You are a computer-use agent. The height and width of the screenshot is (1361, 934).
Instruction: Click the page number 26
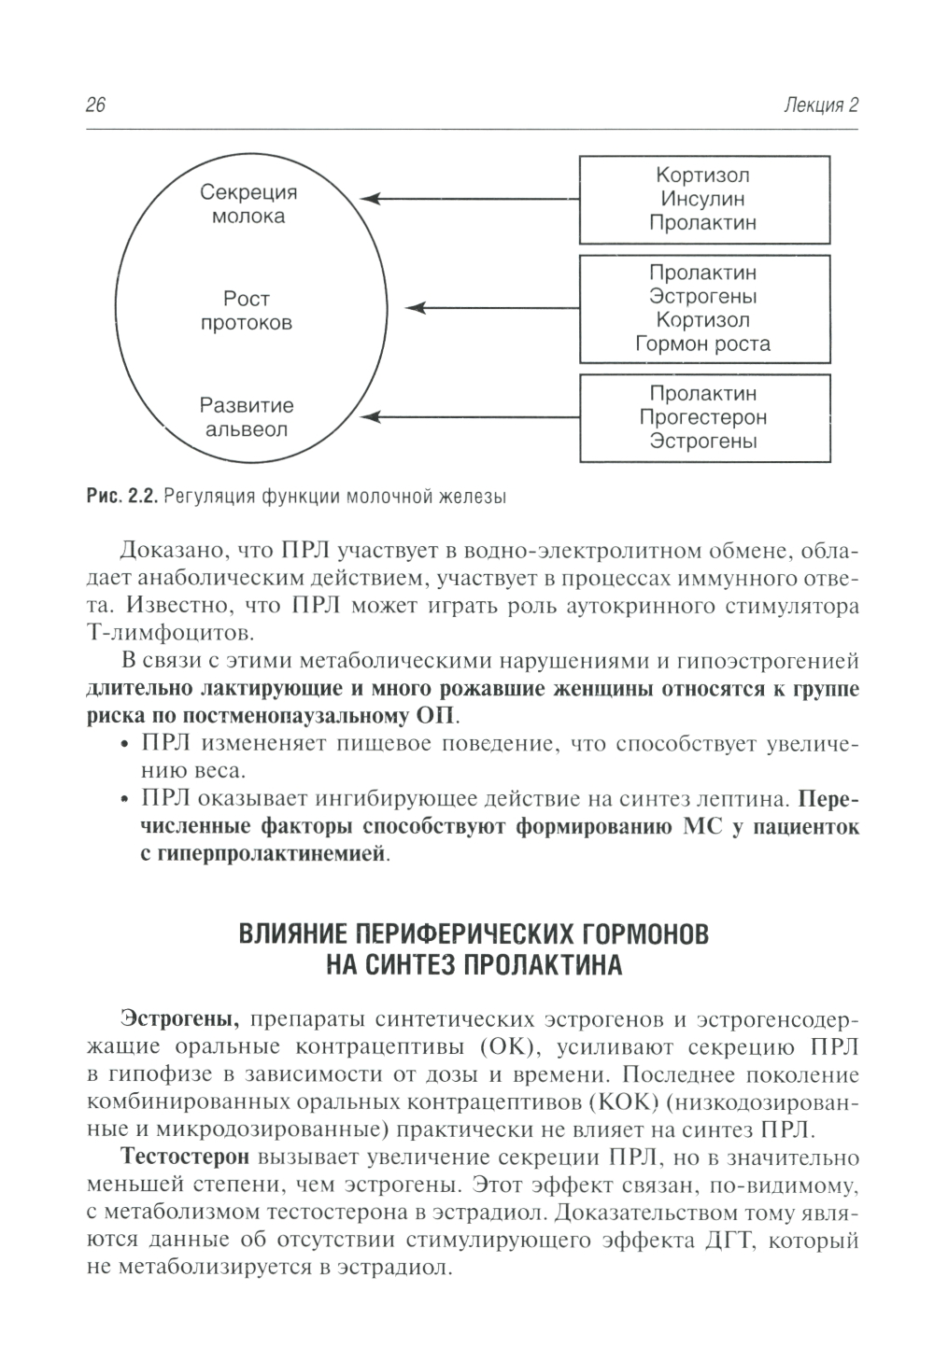coord(95,105)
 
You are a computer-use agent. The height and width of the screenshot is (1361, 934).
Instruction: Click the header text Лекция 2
coord(822,105)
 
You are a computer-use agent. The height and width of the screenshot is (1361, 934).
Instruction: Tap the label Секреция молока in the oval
coord(248,204)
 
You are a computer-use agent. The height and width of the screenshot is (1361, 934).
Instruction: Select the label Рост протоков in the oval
coord(247,311)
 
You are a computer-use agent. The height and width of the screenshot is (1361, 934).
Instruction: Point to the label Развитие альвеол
coord(247,418)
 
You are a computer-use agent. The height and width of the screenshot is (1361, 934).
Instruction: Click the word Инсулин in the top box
coord(703,199)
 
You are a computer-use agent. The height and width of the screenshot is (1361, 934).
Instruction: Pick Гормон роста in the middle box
coord(703,344)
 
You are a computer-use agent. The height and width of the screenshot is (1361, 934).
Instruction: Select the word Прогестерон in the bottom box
coord(703,417)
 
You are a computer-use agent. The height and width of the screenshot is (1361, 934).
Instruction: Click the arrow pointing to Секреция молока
coord(467,199)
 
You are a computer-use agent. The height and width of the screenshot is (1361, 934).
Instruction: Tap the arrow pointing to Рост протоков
coord(495,307)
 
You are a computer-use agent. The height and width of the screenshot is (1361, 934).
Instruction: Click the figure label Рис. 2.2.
coord(120,497)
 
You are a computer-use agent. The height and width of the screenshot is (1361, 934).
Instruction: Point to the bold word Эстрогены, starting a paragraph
coord(181,1017)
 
